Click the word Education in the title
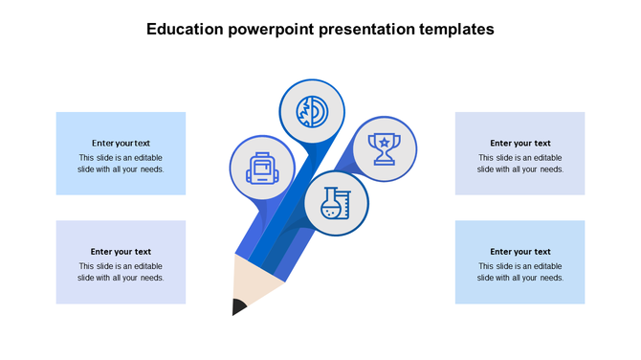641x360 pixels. point(185,30)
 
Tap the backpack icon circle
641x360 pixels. point(262,167)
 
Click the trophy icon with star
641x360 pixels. point(385,149)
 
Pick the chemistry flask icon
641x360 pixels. point(337,204)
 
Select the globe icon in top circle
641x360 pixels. point(311,112)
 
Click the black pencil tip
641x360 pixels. point(237,306)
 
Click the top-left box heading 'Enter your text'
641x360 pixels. point(121,143)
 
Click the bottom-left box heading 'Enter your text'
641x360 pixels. point(121,252)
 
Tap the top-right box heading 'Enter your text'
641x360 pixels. point(520,143)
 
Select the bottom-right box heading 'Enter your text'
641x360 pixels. point(520,252)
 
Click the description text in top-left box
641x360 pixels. point(121,164)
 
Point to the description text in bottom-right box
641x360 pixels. point(520,272)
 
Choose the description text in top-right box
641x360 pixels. point(520,164)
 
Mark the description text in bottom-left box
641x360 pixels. point(121,272)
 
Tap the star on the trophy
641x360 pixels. point(385,143)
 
